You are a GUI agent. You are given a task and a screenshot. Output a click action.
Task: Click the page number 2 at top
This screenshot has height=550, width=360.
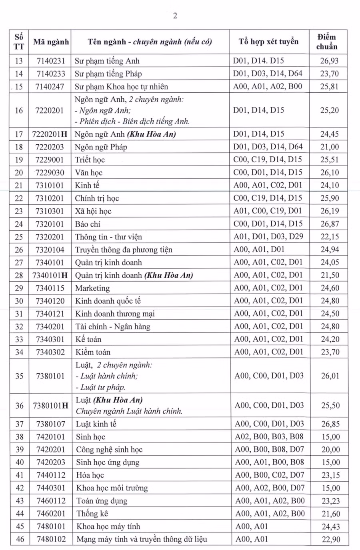[x=175, y=16]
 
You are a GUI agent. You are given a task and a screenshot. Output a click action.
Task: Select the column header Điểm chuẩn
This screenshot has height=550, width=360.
[x=327, y=42]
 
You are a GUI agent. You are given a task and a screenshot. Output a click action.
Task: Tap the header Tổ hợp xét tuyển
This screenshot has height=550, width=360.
[x=268, y=42]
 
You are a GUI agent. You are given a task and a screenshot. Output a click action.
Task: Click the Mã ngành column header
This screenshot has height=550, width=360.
[x=51, y=42]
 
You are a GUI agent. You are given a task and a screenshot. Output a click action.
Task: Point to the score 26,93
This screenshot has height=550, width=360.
[x=329, y=61]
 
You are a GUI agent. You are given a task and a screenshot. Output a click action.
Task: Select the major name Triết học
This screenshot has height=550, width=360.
[x=90, y=160]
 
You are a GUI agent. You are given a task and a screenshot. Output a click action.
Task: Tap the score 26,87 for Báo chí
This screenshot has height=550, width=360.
[x=330, y=224]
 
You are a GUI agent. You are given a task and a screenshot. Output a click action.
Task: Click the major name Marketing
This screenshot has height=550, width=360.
[x=92, y=288]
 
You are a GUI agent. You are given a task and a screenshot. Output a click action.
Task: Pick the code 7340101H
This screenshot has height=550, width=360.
[x=50, y=275]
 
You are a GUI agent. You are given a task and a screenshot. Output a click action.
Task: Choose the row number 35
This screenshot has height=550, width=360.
[x=19, y=376]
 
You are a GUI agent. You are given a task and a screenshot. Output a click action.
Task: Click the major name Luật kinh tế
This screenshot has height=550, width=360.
[x=96, y=424]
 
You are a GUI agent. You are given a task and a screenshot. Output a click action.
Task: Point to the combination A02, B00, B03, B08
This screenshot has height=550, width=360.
[x=269, y=436]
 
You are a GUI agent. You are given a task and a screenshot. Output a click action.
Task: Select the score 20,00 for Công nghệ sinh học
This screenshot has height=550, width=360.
[x=330, y=450]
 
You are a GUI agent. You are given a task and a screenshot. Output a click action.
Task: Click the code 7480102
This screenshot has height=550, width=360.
[x=51, y=539]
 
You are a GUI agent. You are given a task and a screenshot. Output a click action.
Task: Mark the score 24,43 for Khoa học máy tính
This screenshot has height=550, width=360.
[x=330, y=526]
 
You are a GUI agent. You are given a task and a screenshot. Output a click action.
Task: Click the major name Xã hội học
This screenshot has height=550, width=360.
[x=93, y=211]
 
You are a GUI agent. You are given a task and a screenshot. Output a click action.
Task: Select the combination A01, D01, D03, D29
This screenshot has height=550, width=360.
[x=268, y=237]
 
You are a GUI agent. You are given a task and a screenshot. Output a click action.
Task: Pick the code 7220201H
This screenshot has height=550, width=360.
[x=50, y=134]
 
